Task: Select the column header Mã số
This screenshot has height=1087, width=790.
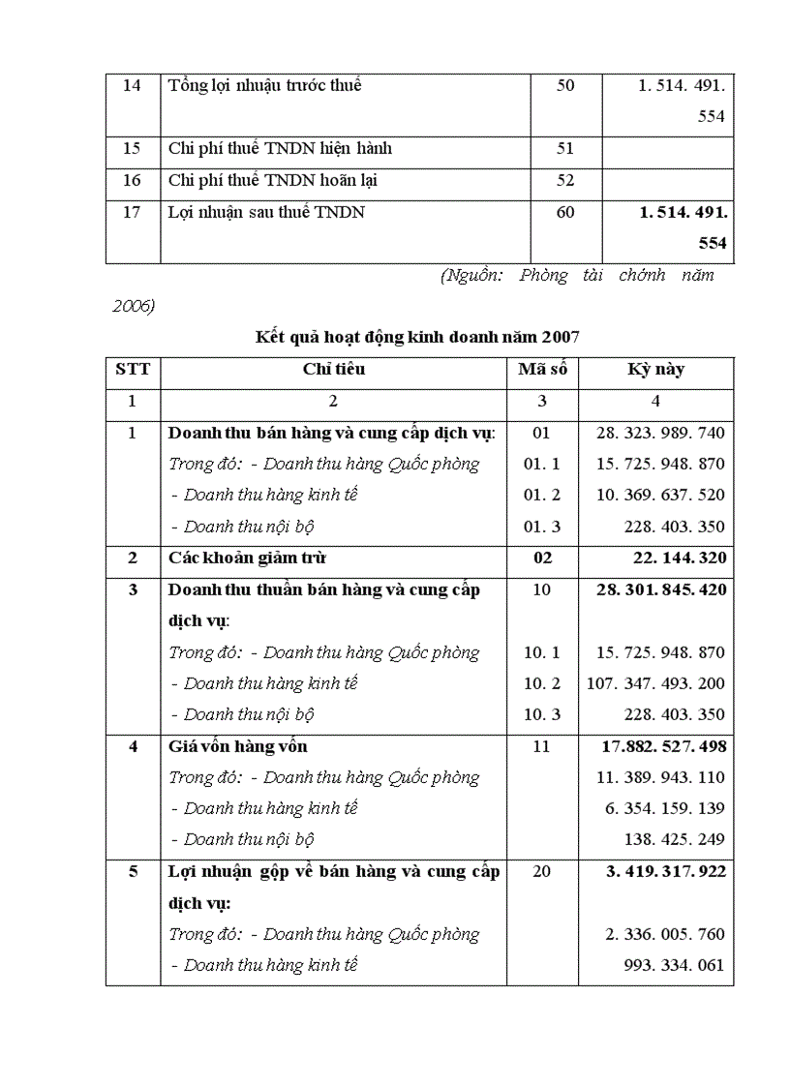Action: (x=542, y=370)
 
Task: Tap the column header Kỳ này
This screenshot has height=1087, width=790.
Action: (x=656, y=370)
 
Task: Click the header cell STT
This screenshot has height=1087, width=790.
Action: (x=133, y=370)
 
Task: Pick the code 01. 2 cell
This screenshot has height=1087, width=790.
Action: (x=542, y=495)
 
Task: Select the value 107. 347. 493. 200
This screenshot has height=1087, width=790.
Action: (x=655, y=683)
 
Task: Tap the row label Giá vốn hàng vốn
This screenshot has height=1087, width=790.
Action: (x=238, y=746)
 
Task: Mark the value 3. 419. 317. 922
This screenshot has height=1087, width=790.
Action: (x=665, y=871)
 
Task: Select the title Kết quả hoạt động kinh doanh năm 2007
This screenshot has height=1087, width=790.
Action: (x=417, y=337)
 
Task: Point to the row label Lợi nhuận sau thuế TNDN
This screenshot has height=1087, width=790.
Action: (x=266, y=212)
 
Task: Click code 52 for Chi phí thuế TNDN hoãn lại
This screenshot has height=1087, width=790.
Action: (x=565, y=180)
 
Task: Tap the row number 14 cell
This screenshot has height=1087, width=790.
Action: (x=133, y=86)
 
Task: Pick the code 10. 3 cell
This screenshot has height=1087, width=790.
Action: (x=542, y=714)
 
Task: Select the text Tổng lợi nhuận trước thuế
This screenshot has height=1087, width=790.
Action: (x=264, y=86)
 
